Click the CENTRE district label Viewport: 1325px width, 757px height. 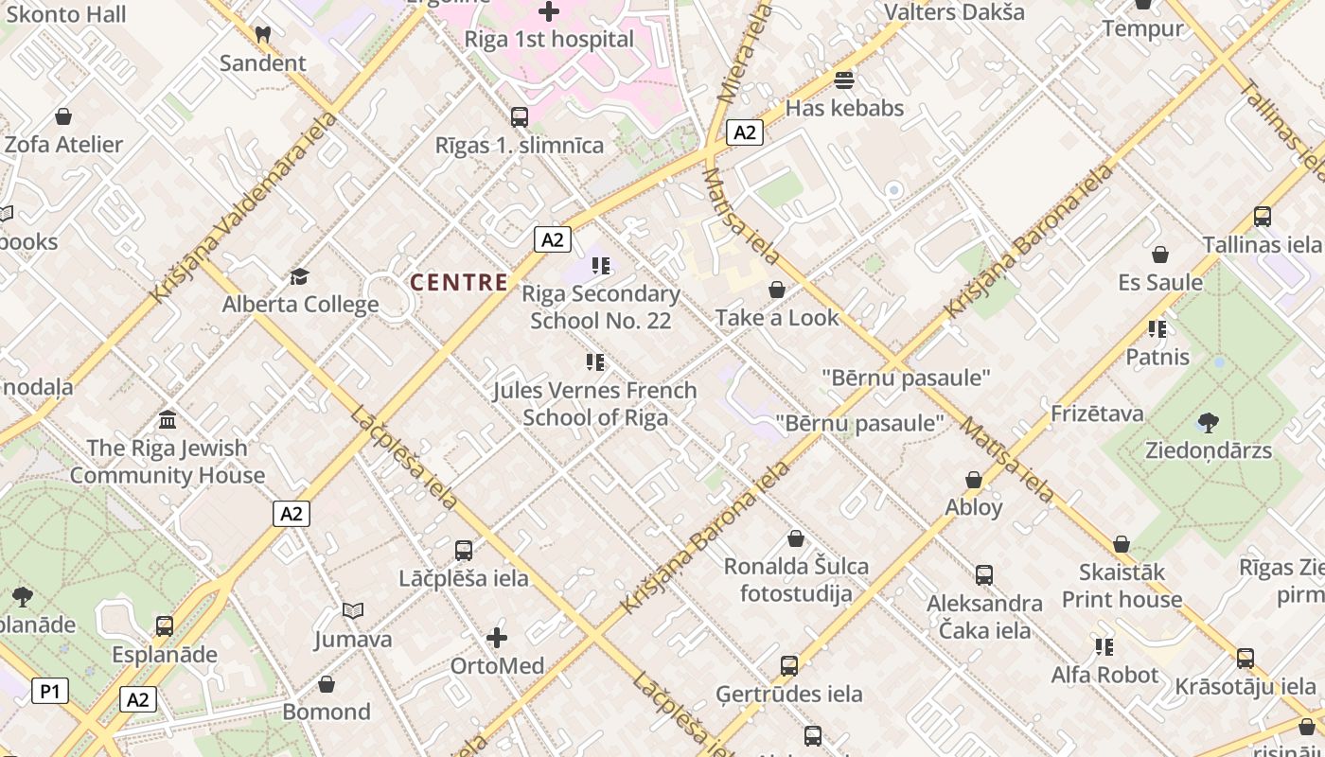click(x=459, y=282)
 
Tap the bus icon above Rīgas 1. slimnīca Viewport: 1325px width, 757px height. click(x=520, y=117)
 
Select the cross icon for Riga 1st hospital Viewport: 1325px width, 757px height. click(x=548, y=11)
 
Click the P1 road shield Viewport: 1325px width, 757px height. click(x=50, y=691)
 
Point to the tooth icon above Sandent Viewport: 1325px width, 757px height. click(x=263, y=34)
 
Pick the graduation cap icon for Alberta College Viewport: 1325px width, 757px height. click(x=300, y=276)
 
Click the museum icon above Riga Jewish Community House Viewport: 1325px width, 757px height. click(x=168, y=419)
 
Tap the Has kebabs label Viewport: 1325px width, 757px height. click(x=844, y=108)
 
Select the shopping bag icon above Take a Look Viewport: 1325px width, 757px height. click(x=777, y=290)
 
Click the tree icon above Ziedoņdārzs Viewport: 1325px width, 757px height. click(x=1208, y=422)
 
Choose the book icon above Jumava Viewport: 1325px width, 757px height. click(x=353, y=611)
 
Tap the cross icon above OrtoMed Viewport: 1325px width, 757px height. click(x=497, y=638)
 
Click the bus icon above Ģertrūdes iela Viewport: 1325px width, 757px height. click(x=789, y=666)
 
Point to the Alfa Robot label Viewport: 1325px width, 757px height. click(x=1104, y=675)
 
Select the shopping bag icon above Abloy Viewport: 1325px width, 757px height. click(x=973, y=480)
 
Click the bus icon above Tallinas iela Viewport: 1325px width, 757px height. click(x=1262, y=217)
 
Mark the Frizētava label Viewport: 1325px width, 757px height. click(x=1097, y=414)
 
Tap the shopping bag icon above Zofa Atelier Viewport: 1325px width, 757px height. click(x=63, y=116)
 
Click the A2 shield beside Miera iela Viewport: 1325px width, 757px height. click(x=745, y=132)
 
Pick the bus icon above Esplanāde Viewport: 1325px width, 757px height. click(x=165, y=626)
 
